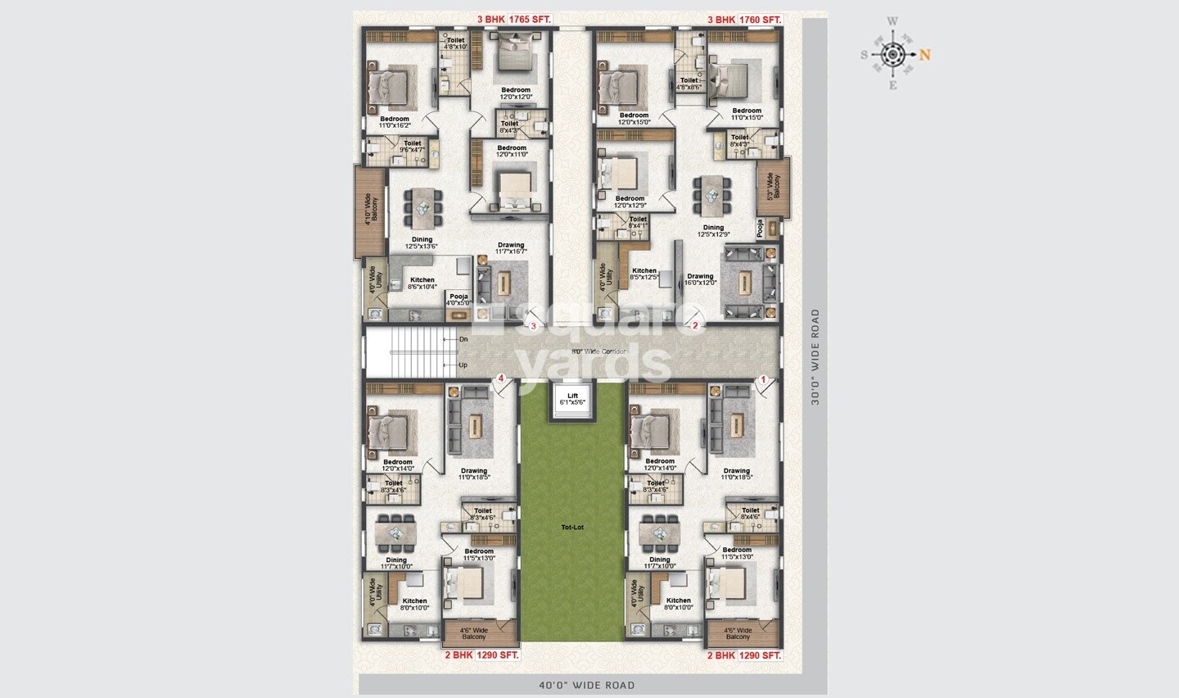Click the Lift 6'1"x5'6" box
(x=573, y=400)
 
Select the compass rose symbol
(x=893, y=55)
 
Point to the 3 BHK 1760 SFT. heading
(x=744, y=19)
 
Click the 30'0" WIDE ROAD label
(x=815, y=357)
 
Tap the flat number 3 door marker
(x=534, y=326)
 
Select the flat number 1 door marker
(x=763, y=379)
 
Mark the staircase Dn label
(x=463, y=338)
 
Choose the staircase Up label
(x=463, y=365)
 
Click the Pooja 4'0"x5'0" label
(x=458, y=300)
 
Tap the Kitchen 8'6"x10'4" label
(x=422, y=283)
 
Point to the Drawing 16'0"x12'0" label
(x=701, y=279)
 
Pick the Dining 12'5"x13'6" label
(x=422, y=242)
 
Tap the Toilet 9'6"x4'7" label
(x=412, y=147)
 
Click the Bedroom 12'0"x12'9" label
(x=630, y=202)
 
